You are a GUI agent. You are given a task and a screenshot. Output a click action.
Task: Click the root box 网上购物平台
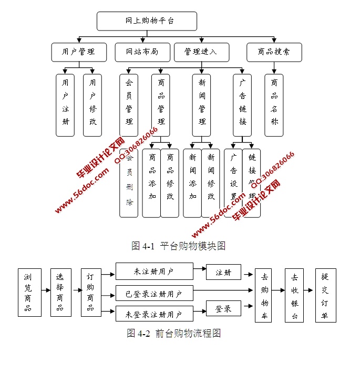[x=147, y=21]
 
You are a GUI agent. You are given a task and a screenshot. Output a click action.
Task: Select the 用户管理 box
[x=78, y=52]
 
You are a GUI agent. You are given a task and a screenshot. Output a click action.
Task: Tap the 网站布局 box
[x=142, y=52]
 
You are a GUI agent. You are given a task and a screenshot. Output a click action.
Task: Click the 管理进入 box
[x=202, y=52]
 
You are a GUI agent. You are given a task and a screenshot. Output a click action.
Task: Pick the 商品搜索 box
[x=274, y=52]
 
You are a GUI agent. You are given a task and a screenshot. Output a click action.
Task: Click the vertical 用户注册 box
[x=65, y=105]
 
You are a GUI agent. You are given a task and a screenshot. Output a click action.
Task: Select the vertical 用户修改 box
[x=92, y=105]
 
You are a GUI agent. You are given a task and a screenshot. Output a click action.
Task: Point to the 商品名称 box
[x=274, y=105]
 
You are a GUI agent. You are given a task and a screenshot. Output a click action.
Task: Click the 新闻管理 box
[x=201, y=105]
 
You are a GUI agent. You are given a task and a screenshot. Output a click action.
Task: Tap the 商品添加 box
[x=151, y=183]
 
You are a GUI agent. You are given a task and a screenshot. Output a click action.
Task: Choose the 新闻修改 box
[x=211, y=183]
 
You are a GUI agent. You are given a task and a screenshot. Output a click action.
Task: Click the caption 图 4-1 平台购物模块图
[x=178, y=246]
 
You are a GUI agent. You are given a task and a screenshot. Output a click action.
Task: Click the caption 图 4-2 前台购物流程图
[x=173, y=333]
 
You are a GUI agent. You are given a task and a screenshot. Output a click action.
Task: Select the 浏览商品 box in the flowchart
[x=29, y=292]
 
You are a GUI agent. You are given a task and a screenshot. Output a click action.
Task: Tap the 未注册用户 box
[x=154, y=272]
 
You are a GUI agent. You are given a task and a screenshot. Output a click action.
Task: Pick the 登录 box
[x=223, y=309]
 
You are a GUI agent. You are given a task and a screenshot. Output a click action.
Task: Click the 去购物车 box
[x=263, y=295]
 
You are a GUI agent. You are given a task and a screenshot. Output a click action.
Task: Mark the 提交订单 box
[x=325, y=295]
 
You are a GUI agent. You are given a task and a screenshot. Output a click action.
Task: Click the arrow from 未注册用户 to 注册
[x=199, y=269]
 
